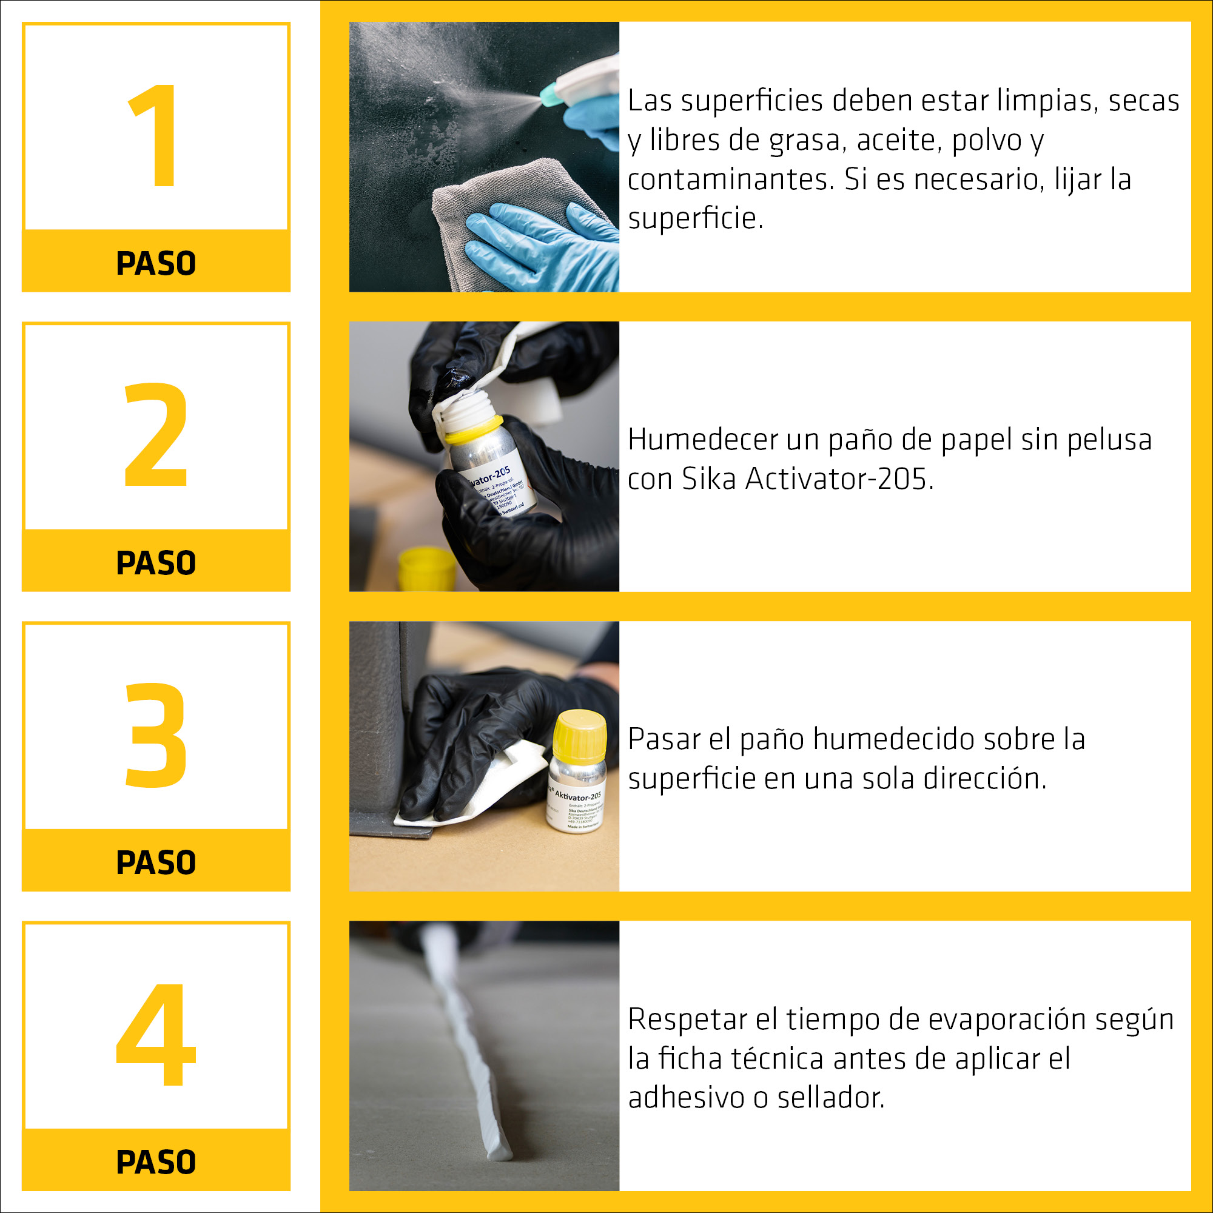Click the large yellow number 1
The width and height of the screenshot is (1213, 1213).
tap(154, 135)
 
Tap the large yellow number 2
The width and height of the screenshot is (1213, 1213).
tap(156, 434)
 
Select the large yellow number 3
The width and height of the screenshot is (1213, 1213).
tap(156, 734)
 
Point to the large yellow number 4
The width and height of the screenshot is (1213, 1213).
tap(156, 1034)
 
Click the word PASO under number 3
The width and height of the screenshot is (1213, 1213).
tap(156, 862)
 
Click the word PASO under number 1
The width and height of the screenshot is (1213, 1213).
tap(156, 263)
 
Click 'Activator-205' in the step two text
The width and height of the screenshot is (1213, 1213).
tap(839, 480)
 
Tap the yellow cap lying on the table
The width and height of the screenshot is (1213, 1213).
tap(426, 568)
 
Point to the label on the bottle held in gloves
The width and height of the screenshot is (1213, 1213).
tap(499, 486)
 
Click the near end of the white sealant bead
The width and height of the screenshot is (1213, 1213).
tap(499, 1153)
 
